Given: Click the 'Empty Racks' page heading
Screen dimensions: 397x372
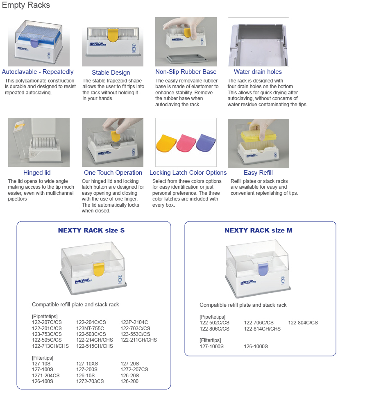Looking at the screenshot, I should [x=26, y=5].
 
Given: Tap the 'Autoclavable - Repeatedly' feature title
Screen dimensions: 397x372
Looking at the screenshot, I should [x=38, y=72].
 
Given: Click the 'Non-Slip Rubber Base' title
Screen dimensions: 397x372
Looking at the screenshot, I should [x=186, y=72].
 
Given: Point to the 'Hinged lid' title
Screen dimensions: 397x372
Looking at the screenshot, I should [x=37, y=173].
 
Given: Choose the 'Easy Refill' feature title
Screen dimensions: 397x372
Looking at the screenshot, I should [x=258, y=173].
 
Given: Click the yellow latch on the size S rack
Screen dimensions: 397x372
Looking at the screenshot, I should [x=98, y=269].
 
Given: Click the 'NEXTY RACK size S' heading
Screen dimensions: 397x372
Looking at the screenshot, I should [x=91, y=230].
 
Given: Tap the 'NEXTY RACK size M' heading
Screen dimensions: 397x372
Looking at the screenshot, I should [x=259, y=230].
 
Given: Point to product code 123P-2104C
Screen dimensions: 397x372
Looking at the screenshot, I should [x=134, y=322].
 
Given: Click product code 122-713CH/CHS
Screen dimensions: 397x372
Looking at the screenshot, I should [x=50, y=346].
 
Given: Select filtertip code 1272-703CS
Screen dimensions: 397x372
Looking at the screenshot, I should [x=90, y=381].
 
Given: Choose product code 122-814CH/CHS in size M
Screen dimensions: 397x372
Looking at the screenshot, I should [x=262, y=329].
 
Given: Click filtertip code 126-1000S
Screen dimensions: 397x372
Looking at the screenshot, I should [x=256, y=347].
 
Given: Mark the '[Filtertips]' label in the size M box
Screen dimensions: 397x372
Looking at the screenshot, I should [x=210, y=340].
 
